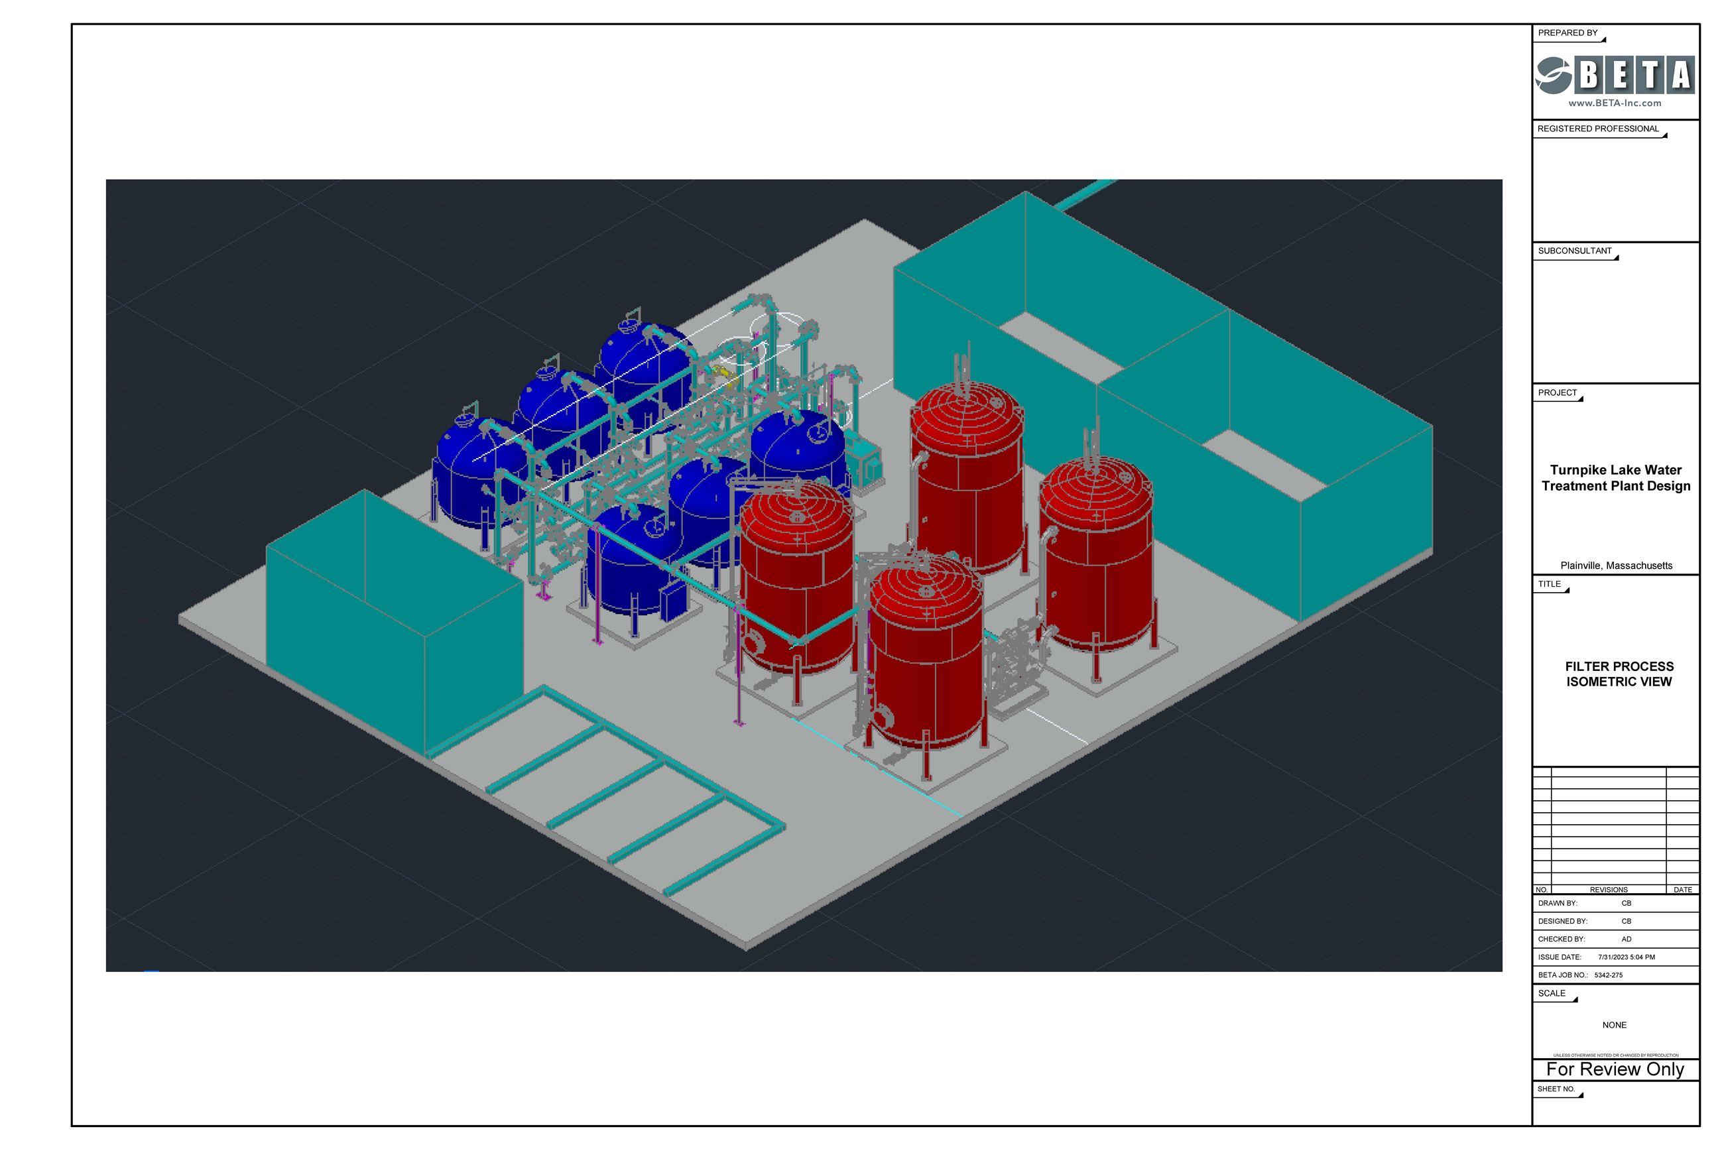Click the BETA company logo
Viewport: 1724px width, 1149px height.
1614,75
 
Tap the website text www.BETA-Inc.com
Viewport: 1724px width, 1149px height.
1614,103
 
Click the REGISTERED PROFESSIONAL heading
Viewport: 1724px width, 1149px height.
1597,129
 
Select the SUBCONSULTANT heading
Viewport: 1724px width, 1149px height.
1575,251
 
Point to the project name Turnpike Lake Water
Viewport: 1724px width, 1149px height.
1615,469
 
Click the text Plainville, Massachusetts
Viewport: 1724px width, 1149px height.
1615,566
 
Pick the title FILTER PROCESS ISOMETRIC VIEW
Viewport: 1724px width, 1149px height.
1619,674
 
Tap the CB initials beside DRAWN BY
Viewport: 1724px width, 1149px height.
1626,904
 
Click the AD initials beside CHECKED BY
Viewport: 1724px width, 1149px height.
1626,939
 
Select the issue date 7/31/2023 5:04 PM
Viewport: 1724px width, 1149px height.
1626,957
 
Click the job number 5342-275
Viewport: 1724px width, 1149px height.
1608,975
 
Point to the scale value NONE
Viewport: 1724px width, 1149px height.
1613,1025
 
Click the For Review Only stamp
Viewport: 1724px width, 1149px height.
1615,1069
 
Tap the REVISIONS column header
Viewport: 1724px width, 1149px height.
1608,890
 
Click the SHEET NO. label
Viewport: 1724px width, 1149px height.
1556,1089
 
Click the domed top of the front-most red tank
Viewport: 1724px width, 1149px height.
924,593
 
